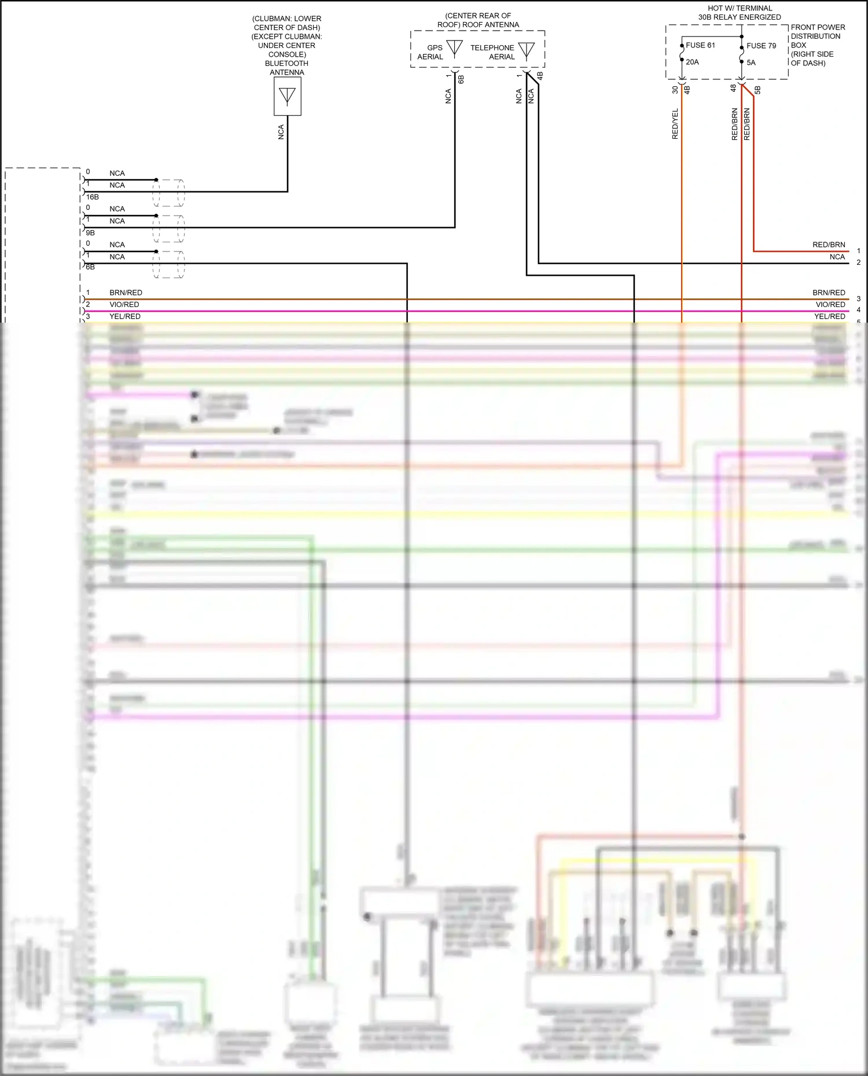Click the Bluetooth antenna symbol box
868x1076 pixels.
pos(287,96)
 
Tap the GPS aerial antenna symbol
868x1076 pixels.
pos(455,49)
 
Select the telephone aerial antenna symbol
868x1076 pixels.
pos(527,50)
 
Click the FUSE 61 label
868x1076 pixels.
pos(700,45)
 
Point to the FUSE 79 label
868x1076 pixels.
pos(761,46)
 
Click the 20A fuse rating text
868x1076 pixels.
pos(692,62)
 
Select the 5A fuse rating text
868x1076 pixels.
pos(751,62)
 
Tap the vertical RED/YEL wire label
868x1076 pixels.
pos(675,124)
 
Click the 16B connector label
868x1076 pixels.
pos(92,197)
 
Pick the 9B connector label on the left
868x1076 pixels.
pos(90,232)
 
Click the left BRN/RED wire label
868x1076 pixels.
pos(126,293)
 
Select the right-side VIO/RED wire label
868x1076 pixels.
pos(830,304)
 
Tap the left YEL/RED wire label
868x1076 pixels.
pos(125,316)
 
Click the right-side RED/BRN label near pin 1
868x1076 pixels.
pos(828,245)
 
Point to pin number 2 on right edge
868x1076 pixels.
pos(858,262)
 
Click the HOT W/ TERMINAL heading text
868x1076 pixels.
pos(740,8)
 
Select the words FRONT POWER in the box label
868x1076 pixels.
pos(818,27)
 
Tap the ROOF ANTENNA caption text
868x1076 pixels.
pos(478,24)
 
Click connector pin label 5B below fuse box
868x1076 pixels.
pos(757,90)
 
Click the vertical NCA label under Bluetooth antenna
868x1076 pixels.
pos(281,132)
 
